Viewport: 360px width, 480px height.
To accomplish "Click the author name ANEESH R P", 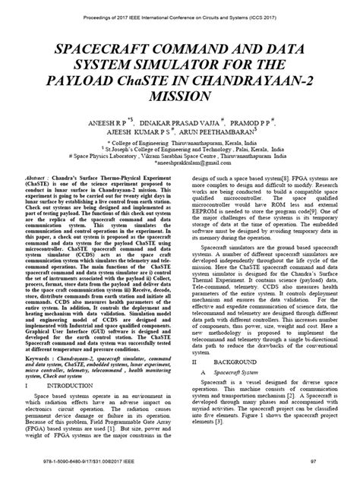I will pyautogui.click(x=88, y=125).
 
